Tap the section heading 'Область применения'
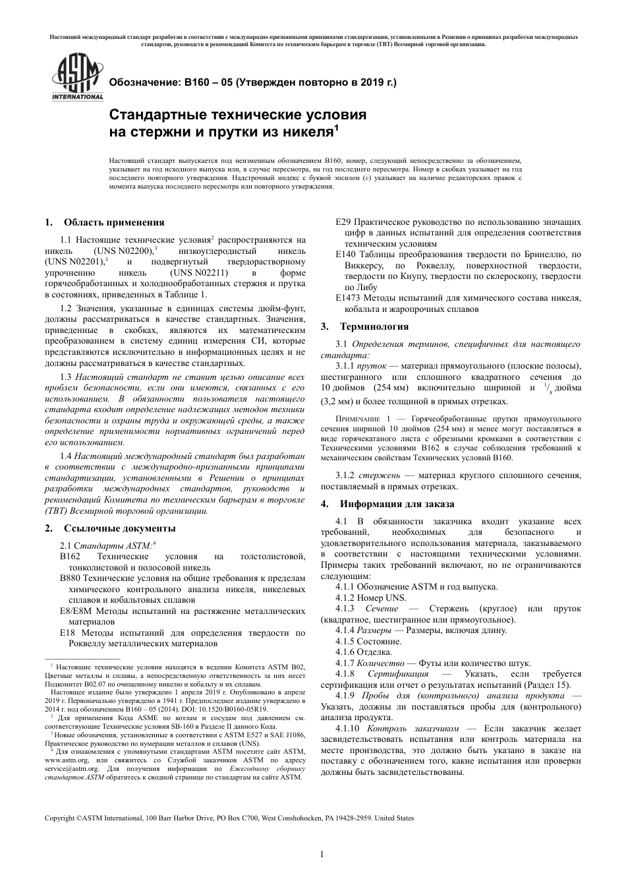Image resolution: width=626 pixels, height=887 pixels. click(x=114, y=222)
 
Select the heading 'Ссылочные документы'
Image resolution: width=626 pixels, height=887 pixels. click(x=119, y=528)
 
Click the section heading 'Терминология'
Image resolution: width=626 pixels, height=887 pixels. click(x=374, y=326)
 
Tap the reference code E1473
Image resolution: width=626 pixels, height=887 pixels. click(x=349, y=298)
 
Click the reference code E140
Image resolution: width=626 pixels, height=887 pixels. click(x=346, y=254)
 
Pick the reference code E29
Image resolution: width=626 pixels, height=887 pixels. click(x=343, y=222)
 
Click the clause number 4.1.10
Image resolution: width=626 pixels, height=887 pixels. click(x=347, y=729)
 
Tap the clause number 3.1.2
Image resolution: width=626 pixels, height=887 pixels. click(x=345, y=475)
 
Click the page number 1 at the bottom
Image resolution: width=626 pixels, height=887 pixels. click(x=322, y=855)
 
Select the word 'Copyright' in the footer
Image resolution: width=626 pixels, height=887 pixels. click(x=59, y=818)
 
